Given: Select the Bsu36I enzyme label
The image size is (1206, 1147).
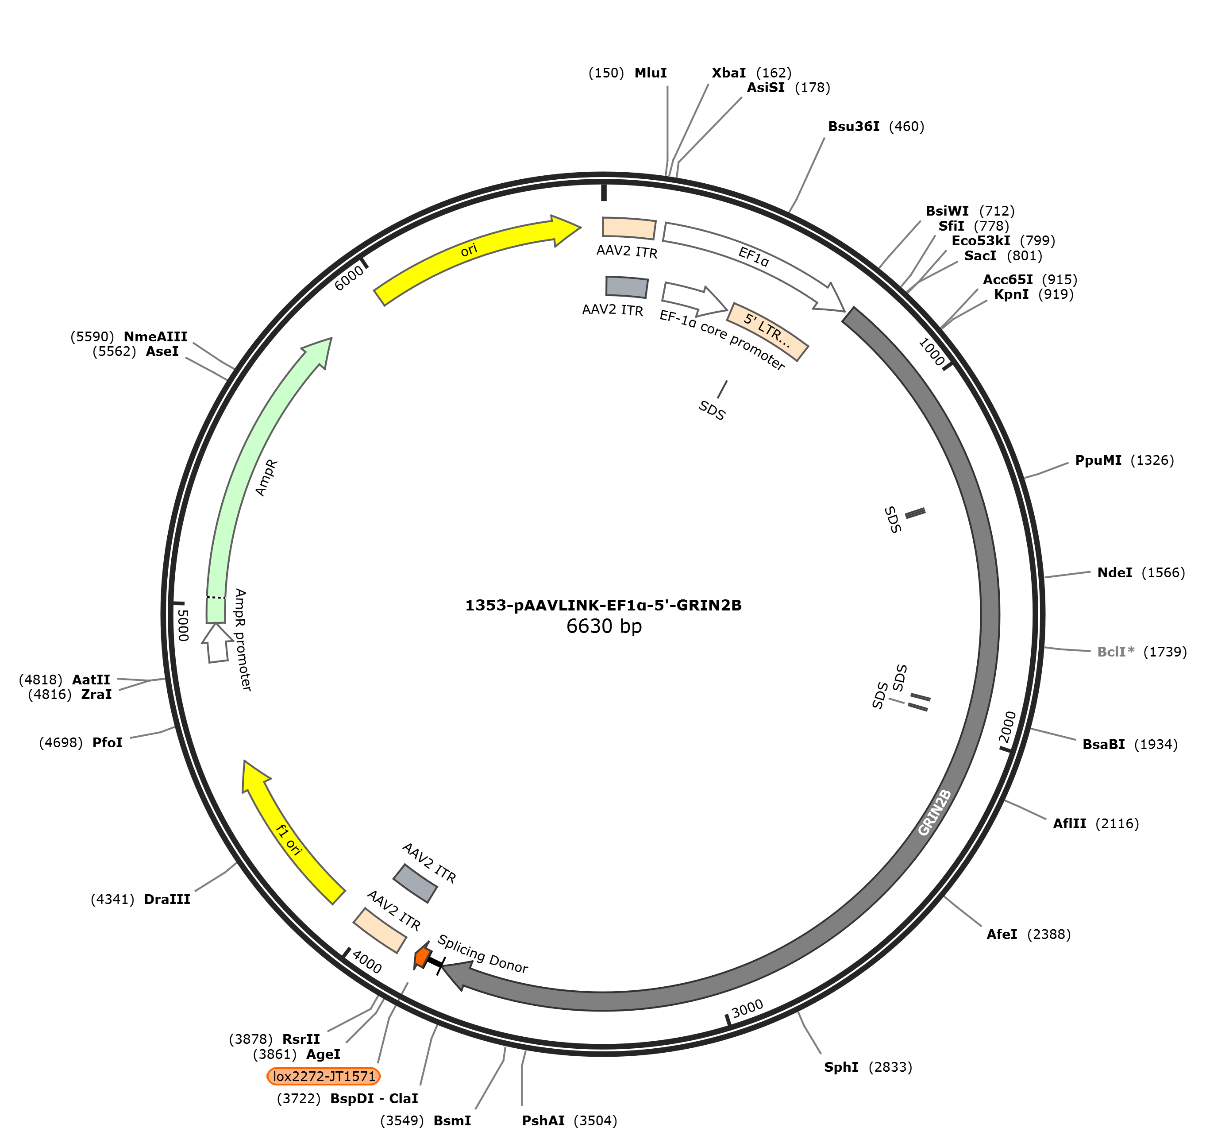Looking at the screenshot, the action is (853, 127).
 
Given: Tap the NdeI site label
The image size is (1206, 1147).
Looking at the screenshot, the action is (1114, 573).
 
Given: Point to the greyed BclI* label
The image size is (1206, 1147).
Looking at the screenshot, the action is (1116, 652).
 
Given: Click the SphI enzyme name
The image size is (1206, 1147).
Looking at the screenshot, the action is (841, 1067).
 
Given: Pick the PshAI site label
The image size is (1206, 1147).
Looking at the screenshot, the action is (543, 1121).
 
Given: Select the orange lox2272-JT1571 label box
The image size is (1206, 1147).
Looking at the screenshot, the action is (324, 1076).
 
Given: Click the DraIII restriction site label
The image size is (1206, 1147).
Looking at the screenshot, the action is (167, 900).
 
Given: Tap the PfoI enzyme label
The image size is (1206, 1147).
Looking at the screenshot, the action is (108, 743).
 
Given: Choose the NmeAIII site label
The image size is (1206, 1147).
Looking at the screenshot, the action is (155, 337).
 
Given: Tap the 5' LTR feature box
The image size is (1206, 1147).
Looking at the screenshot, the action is (767, 332).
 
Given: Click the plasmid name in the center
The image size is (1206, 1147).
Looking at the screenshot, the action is (603, 605).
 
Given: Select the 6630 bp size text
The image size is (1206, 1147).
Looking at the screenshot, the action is (604, 626).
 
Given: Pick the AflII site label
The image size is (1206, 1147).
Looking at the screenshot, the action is (1070, 823).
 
